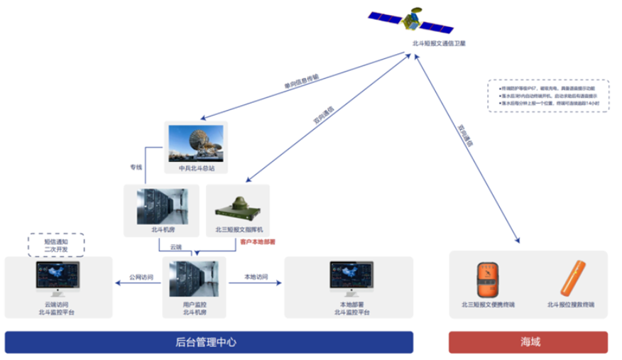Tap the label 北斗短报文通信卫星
point(439,43)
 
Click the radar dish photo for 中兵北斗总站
point(196,143)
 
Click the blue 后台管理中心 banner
point(209,342)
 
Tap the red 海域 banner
point(528,342)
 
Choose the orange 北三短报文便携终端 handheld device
point(486,278)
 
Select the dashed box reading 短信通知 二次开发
point(55,244)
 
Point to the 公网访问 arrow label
point(139,278)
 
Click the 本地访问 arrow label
point(256,278)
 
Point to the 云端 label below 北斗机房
point(175,247)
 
